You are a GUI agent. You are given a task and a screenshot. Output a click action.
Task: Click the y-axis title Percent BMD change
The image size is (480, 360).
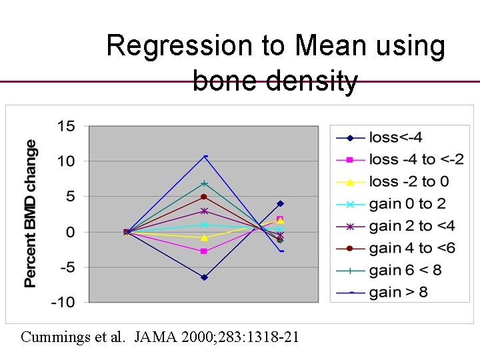click(x=31, y=213)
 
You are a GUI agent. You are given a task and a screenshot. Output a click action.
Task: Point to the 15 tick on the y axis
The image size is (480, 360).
click(x=66, y=126)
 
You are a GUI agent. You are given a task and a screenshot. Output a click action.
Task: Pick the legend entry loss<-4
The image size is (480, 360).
click(x=395, y=138)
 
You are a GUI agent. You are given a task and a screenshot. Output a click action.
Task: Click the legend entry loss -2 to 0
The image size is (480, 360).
click(x=409, y=182)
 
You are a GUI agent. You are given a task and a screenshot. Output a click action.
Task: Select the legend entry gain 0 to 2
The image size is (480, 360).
click(x=407, y=204)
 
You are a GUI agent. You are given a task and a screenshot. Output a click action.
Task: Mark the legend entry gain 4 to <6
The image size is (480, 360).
click(x=412, y=248)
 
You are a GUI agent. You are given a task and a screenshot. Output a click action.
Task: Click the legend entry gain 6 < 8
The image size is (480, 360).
click(x=405, y=270)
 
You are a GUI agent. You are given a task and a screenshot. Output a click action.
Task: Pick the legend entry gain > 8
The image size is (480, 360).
click(x=398, y=292)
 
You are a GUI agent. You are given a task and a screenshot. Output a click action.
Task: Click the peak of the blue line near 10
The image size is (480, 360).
click(x=205, y=157)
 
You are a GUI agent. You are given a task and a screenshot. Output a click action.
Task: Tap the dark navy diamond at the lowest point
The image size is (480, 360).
click(x=204, y=277)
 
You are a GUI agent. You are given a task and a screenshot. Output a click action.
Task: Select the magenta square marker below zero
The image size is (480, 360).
click(x=204, y=251)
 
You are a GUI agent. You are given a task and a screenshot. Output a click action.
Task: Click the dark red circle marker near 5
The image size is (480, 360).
click(x=204, y=197)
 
